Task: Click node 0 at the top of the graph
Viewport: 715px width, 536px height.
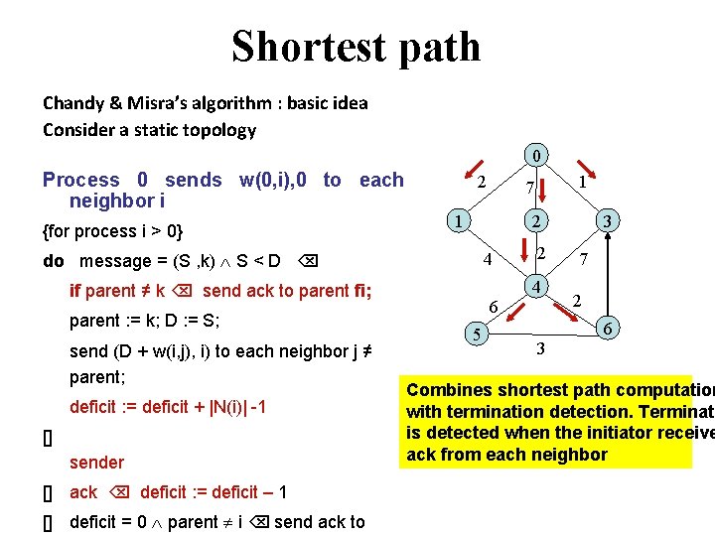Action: pyautogui.click(x=536, y=156)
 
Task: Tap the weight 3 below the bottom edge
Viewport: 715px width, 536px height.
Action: pyautogui.click(x=540, y=348)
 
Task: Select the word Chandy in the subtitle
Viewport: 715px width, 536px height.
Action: pyautogui.click(x=73, y=102)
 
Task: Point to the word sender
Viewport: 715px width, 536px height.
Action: pyautogui.click(x=96, y=462)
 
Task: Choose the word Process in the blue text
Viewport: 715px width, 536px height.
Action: pyautogui.click(x=81, y=180)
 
